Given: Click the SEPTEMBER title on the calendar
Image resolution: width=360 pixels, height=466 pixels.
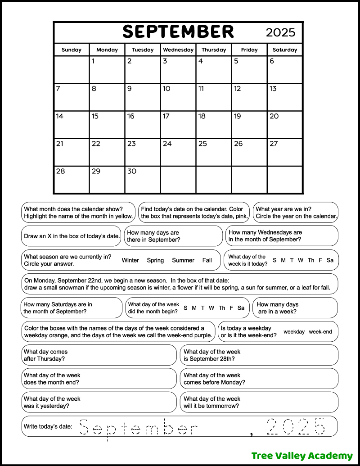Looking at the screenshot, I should [x=178, y=32].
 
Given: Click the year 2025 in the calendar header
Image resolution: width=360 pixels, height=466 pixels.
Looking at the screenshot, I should [x=280, y=32].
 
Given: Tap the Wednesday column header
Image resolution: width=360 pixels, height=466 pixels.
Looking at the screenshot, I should [x=178, y=50].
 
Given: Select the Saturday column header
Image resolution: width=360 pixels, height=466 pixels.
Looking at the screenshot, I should [x=285, y=50].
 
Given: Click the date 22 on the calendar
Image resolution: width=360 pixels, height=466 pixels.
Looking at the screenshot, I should [x=96, y=144].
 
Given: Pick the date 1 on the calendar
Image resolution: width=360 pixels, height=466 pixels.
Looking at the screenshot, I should [x=93, y=61].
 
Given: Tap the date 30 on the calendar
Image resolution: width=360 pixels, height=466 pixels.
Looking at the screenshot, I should [x=131, y=171].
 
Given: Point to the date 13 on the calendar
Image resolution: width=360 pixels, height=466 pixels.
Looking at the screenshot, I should [x=273, y=89].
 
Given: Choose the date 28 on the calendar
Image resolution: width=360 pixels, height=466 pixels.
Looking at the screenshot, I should [x=60, y=171].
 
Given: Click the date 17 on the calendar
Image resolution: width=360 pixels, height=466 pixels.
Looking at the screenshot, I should [x=166, y=116].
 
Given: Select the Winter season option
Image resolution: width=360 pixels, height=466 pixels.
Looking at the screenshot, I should [x=130, y=260].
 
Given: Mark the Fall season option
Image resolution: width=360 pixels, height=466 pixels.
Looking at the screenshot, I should [x=207, y=260].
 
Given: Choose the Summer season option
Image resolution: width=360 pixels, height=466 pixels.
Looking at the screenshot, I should [x=183, y=260].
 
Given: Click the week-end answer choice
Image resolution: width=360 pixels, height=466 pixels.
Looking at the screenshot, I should [x=320, y=332].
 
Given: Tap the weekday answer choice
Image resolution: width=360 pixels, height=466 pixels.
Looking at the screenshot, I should [x=294, y=332].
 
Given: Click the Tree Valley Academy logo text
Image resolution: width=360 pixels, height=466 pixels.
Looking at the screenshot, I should [x=296, y=456].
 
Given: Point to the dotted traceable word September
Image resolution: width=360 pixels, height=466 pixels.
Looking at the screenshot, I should [x=139, y=427].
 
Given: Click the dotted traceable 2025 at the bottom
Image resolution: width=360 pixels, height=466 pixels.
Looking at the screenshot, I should [x=295, y=426].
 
